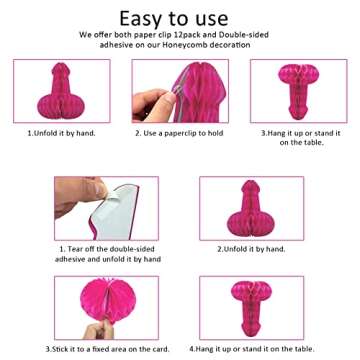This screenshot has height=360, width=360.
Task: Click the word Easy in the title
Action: click(140, 19)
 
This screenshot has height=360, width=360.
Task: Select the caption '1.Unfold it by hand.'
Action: click(61, 133)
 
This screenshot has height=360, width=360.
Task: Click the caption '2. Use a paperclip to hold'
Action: click(179, 133)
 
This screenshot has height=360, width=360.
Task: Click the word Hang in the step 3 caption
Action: click(277, 133)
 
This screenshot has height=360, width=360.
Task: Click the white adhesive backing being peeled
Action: click(117, 213)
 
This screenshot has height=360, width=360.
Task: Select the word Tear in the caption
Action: click(75, 249)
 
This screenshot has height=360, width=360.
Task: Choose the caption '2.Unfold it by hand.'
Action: click(251, 249)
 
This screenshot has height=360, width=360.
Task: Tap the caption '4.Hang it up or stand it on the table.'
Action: click(252, 349)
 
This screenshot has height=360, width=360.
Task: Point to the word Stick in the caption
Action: click(59, 349)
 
